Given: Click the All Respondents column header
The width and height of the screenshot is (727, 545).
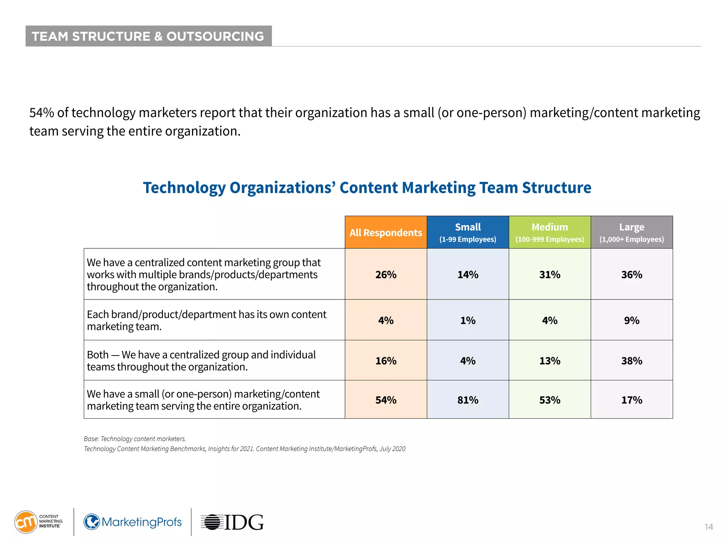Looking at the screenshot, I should (386, 232).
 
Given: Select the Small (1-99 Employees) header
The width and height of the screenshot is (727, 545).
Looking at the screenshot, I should (468, 232).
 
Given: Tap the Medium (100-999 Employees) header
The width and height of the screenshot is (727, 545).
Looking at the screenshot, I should (550, 232).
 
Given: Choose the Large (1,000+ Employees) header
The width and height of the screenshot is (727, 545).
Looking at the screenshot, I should (632, 232).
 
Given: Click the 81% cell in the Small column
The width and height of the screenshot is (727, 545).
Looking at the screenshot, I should (468, 400).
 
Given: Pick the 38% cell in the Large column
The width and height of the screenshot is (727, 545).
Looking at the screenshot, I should (632, 361).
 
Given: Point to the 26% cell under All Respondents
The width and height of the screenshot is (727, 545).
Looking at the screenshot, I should (386, 274).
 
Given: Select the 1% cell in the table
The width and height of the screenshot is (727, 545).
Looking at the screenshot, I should (468, 320).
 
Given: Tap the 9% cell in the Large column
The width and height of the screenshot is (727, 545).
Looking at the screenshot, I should (632, 320).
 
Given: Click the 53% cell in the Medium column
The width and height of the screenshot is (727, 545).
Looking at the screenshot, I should (550, 400).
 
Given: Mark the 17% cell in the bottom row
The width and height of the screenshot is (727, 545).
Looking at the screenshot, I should (632, 400).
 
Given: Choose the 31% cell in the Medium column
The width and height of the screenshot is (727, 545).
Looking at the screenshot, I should (550, 274).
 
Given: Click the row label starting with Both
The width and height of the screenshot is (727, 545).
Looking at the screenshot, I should (201, 360).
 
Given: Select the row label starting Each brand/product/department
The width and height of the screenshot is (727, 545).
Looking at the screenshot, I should (206, 320).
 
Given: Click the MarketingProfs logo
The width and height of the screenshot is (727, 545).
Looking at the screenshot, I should (132, 522).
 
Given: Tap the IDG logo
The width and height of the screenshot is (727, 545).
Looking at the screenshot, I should (232, 522).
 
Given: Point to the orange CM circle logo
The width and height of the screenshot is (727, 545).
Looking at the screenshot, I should (26, 522).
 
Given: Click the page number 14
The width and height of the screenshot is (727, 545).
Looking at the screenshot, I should (709, 527).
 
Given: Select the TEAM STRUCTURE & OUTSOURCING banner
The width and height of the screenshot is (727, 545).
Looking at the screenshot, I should (148, 36).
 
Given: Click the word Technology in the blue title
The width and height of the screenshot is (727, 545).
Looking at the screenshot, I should (184, 188).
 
